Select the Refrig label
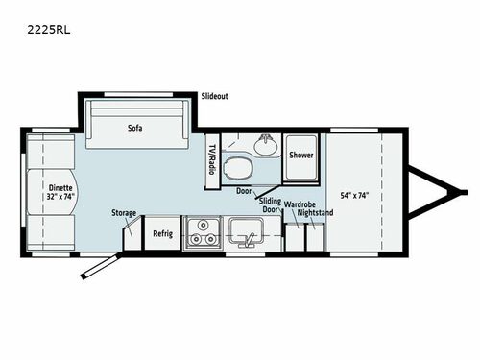(x=161, y=233)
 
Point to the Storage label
(x=124, y=213)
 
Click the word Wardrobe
(x=300, y=204)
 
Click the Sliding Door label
(x=271, y=207)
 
